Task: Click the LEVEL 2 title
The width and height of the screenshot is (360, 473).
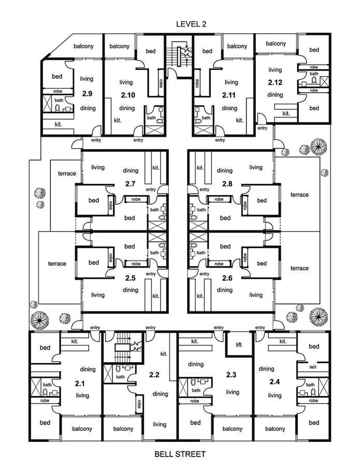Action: click(180, 24)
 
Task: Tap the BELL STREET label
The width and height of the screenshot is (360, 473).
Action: click(180, 454)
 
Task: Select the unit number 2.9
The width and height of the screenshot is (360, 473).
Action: click(87, 94)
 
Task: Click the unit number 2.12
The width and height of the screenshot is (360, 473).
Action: click(275, 82)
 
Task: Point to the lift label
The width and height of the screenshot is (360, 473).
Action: click(239, 344)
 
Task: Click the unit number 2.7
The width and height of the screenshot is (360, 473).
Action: click(130, 183)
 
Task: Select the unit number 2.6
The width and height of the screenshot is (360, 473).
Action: click(225, 278)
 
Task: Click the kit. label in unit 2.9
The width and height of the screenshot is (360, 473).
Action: click(59, 125)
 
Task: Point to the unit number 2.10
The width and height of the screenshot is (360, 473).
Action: click(127, 95)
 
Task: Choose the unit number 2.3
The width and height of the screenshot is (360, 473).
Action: click(231, 374)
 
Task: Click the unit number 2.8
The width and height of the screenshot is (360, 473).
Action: click(225, 183)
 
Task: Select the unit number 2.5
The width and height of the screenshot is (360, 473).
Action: click(131, 278)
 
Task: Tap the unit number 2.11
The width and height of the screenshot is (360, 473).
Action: click(228, 95)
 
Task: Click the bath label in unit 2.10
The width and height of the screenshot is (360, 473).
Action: click(151, 118)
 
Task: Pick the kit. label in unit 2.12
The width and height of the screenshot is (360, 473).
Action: click(285, 113)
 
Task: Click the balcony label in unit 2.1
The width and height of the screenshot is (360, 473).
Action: click(82, 428)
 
